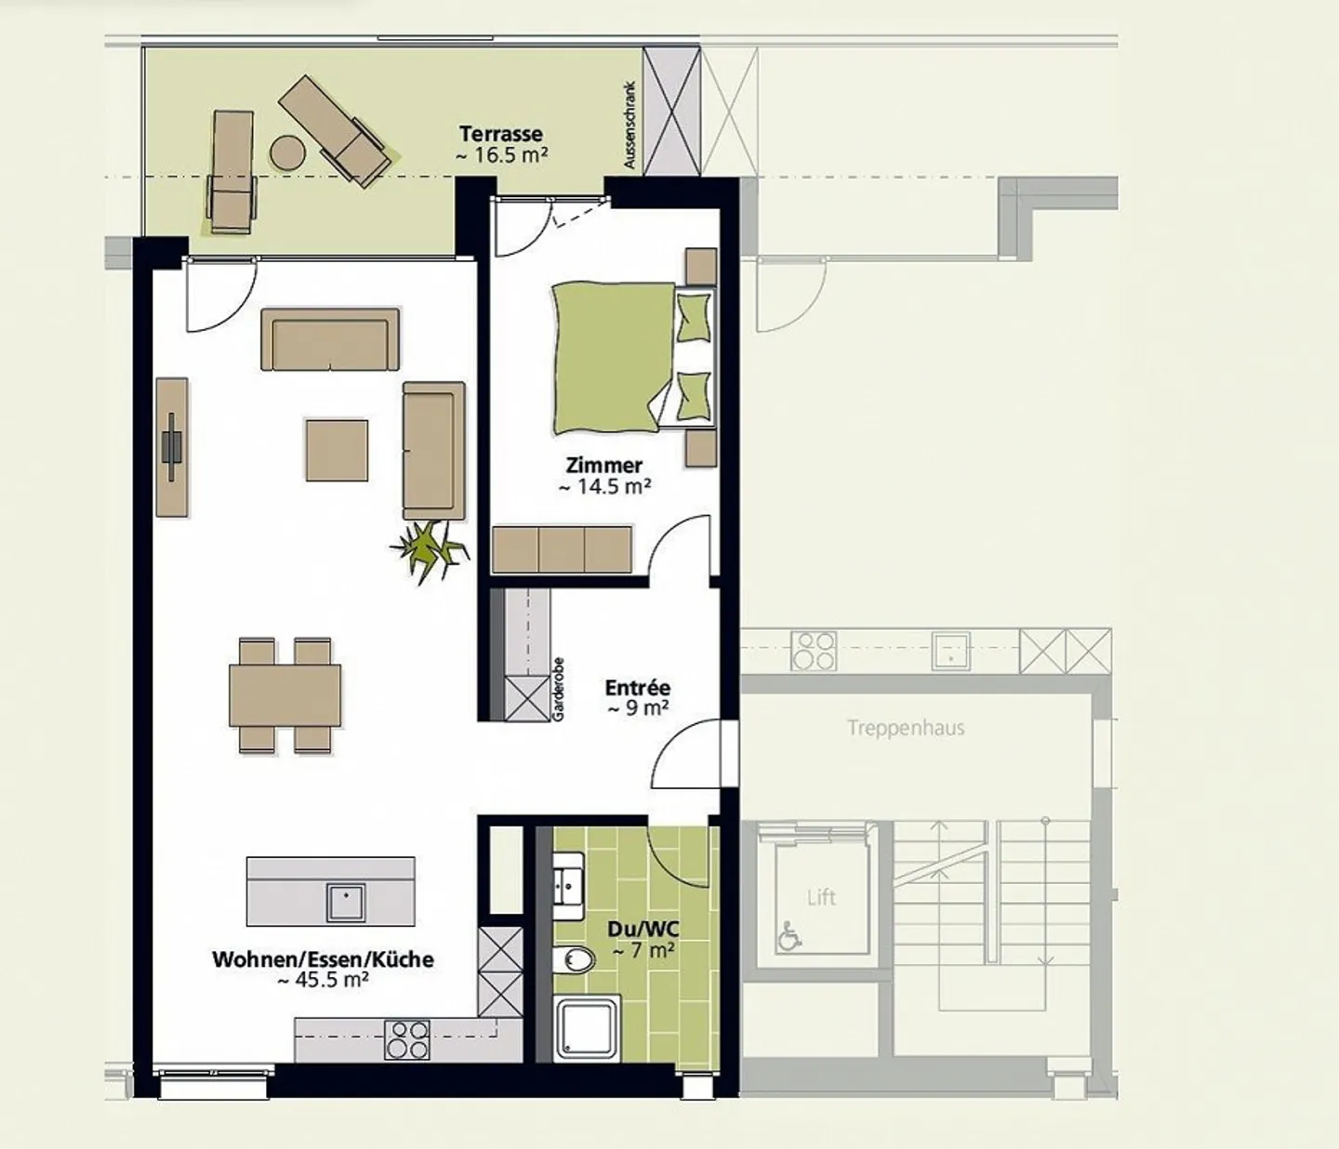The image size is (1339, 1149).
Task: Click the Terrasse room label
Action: (500, 134)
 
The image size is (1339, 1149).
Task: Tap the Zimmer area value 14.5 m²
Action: (604, 487)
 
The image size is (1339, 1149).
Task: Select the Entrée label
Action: (637, 688)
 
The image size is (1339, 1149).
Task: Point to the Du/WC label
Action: (643, 929)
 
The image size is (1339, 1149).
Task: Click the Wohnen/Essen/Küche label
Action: (323, 959)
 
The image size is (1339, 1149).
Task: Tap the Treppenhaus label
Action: (905, 728)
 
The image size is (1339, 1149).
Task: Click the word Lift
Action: (821, 897)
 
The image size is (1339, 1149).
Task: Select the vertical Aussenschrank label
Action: (630, 125)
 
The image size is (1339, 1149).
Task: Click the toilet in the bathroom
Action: (576, 959)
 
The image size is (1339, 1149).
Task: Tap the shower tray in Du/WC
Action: (587, 1027)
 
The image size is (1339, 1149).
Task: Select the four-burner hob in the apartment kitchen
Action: (407, 1040)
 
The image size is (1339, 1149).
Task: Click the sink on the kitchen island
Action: (345, 902)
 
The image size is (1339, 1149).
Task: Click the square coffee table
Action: (337, 451)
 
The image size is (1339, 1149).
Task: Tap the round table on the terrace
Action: (287, 152)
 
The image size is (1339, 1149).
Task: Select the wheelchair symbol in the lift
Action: (789, 936)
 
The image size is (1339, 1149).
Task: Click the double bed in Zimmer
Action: (614, 358)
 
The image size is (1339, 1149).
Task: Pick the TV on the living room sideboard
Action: (172, 447)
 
